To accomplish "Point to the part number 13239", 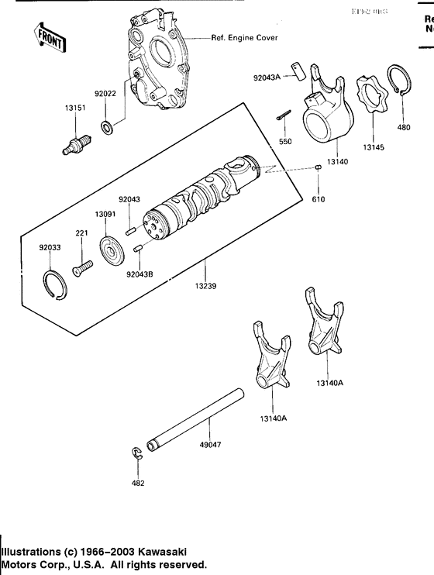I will point(205,286).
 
